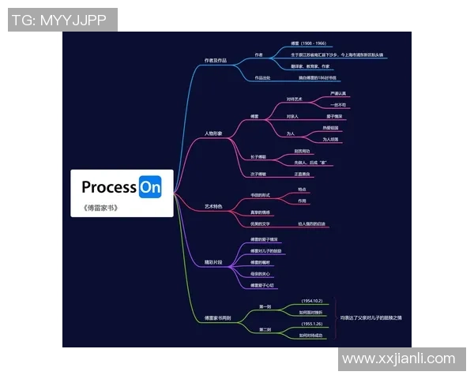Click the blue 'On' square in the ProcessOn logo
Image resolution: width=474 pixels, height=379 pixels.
tap(150, 187)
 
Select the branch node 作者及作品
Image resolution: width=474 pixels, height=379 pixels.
tap(215, 60)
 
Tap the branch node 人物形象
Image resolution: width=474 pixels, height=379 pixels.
tap(213, 133)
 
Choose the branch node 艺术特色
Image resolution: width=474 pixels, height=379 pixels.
tap(213, 206)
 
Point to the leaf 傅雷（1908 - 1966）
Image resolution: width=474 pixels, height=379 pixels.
tap(308, 43)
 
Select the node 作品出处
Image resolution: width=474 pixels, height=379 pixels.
tap(262, 78)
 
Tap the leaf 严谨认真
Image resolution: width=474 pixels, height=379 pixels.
tap(337, 94)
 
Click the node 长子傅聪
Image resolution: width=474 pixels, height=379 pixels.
tap(258, 157)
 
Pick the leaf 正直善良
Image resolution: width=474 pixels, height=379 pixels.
tap(303, 174)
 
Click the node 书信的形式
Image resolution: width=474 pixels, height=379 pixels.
tap(261, 195)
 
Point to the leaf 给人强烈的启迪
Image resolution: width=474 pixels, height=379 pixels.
tap(311, 224)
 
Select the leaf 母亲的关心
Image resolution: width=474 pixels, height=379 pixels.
tap(261, 273)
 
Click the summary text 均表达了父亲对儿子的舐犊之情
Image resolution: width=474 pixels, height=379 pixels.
tap(371, 318)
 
